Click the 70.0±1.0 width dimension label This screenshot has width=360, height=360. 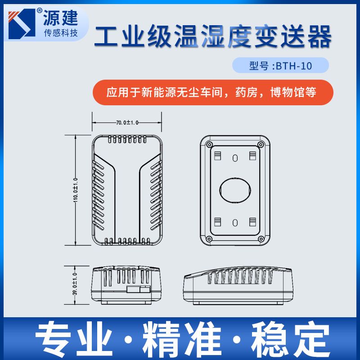coord(127,122)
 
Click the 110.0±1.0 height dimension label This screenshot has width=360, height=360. coord(76,190)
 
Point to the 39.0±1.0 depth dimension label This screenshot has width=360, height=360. coord(75,284)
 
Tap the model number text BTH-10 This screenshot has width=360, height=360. coord(294,66)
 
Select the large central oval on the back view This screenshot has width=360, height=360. coord(235,190)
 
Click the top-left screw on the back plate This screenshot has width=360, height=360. coord(209,144)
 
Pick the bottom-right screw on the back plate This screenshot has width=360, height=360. coord(261,239)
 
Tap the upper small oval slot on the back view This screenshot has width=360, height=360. coord(235,158)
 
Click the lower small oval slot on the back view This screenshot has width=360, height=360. coord(235,223)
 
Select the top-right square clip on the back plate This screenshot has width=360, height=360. coord(252,156)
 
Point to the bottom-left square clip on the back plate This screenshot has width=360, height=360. coord(217,222)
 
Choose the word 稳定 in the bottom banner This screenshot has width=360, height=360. coord(290,339)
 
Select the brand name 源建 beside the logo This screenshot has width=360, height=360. coord(61,18)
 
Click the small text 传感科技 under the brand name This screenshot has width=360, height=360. coord(61,33)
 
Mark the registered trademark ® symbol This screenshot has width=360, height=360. coord(40,11)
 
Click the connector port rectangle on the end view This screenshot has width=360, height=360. coord(139,289)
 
